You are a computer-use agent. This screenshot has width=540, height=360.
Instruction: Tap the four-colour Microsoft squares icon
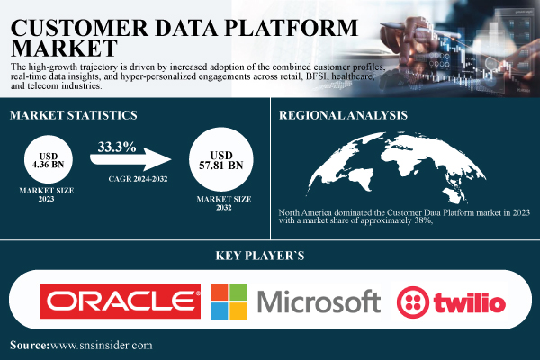click(229, 301)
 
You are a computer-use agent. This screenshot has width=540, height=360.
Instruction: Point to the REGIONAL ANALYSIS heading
click(344, 115)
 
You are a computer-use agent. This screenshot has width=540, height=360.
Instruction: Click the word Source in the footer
click(32, 345)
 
